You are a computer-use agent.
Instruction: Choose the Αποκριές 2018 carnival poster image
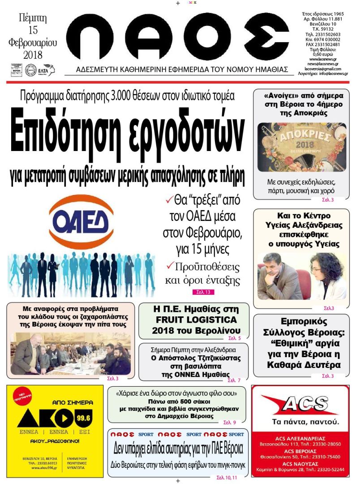301,147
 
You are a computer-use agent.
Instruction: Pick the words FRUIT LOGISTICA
194,320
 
